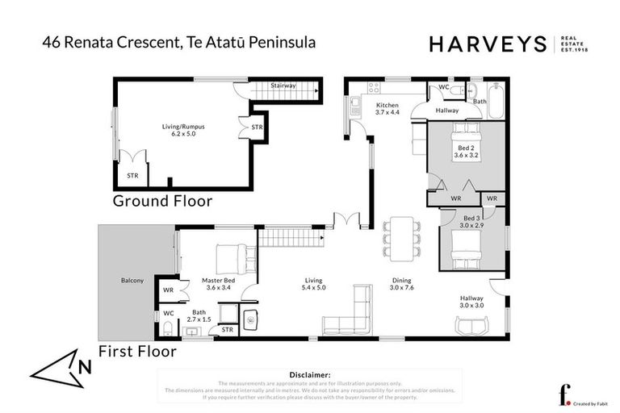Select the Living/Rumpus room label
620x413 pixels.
[x=178, y=129]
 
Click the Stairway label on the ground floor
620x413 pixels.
[x=283, y=85]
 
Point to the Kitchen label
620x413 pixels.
[x=387, y=108]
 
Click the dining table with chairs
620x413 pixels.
[x=401, y=233]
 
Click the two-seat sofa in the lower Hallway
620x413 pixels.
[x=471, y=324]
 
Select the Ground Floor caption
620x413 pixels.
[x=162, y=201]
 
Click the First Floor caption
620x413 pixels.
[x=137, y=352]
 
